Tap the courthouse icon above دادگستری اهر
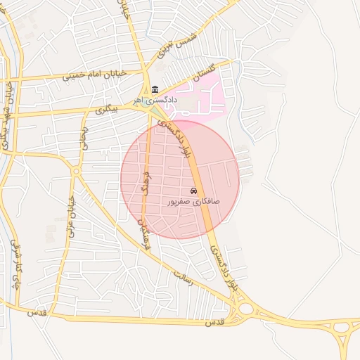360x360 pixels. (155, 89)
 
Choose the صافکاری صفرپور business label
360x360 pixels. (193, 202)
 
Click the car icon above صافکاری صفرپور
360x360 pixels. (193, 191)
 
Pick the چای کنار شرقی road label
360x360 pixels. (15, 266)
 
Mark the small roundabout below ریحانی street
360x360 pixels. (77, 171)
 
